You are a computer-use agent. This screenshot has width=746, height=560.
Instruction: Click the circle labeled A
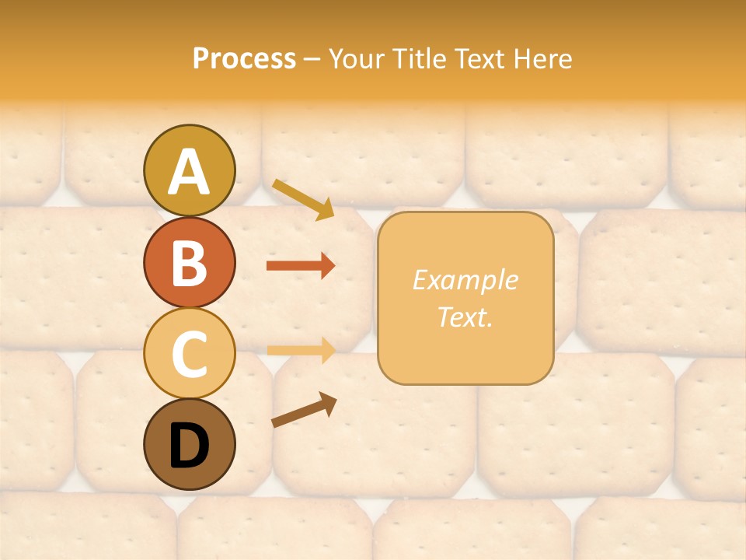[189, 170]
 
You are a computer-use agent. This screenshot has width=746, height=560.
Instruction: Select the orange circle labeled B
[189, 262]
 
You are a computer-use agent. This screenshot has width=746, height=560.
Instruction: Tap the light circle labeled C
[189, 354]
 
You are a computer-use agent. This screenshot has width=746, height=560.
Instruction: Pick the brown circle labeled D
[189, 445]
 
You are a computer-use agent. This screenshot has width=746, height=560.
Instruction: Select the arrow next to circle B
[301, 266]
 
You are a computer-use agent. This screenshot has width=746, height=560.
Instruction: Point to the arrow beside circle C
[301, 350]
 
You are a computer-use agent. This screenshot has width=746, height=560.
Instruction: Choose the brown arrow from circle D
[304, 409]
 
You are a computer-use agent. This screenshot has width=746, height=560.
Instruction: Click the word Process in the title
[244, 58]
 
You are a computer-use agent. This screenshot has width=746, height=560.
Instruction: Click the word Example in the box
[465, 280]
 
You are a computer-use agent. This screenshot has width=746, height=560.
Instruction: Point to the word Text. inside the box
[465, 317]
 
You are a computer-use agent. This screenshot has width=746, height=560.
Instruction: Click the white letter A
[189, 172]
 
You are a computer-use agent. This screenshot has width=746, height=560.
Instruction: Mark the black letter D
[189, 446]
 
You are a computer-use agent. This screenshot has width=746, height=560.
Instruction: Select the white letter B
[189, 263]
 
